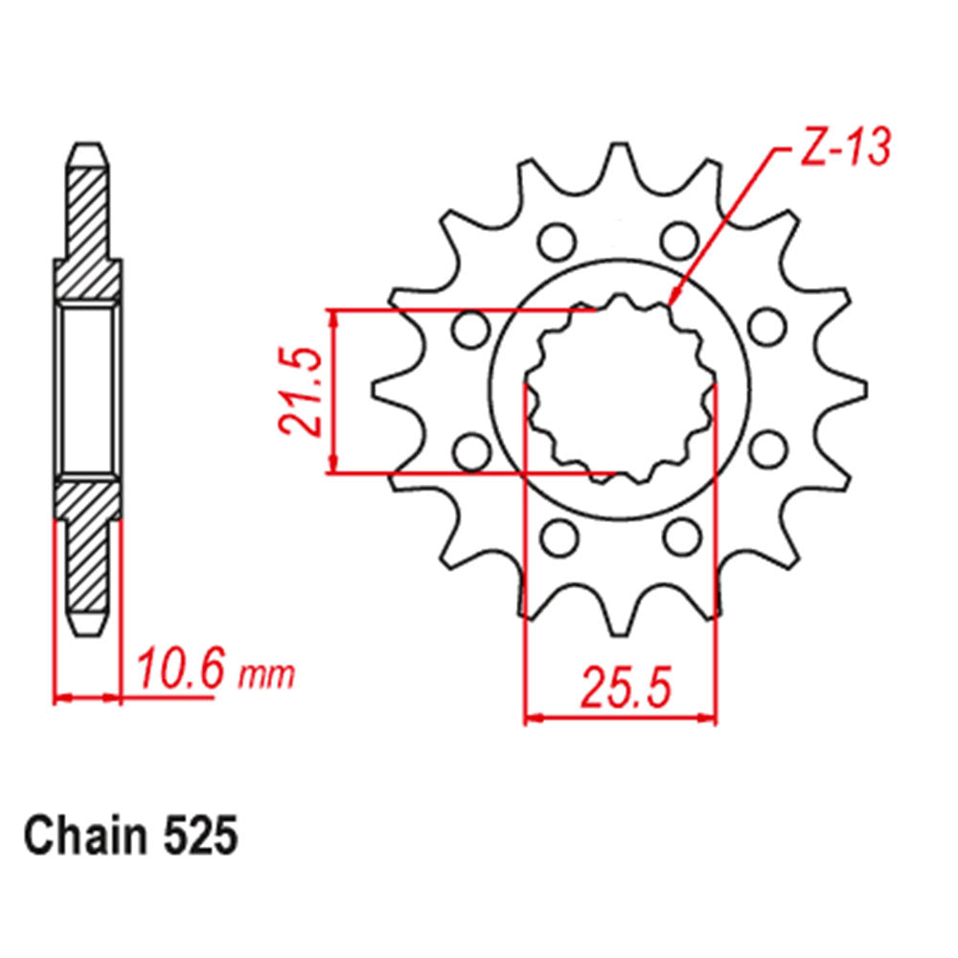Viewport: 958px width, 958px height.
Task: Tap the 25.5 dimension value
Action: [x=621, y=689]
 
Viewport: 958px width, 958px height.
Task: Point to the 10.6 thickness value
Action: [x=181, y=670]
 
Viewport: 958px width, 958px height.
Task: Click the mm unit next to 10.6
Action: [x=265, y=675]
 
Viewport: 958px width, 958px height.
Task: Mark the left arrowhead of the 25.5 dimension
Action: [x=533, y=716]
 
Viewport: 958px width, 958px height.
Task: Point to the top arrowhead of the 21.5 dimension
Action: [x=331, y=318]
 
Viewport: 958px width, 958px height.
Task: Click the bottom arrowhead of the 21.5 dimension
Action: [x=331, y=464]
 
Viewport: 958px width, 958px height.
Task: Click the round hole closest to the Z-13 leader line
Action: [x=679, y=239]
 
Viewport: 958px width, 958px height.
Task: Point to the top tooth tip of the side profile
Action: [x=88, y=153]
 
